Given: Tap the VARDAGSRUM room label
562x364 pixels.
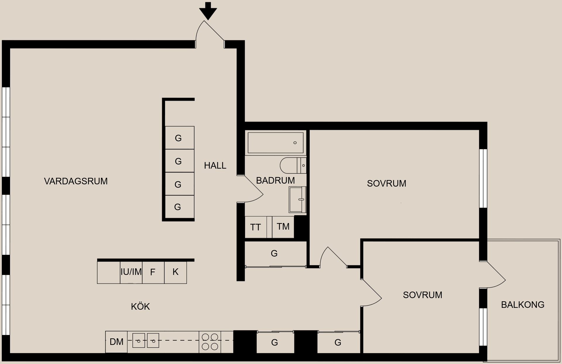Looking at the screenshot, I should tap(76, 181).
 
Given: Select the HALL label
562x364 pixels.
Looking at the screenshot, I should tap(215, 166).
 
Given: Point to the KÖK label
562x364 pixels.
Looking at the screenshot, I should tap(140, 307).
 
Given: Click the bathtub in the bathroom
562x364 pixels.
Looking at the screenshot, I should tap(275, 143).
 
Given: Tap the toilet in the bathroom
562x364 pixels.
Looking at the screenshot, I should tap(292, 165).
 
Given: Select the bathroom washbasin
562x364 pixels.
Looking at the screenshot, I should tap(297, 199).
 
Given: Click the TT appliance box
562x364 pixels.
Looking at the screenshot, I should tap(256, 227).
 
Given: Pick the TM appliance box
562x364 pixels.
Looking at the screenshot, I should tap(283, 227).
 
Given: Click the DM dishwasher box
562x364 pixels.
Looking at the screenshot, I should tap(116, 342).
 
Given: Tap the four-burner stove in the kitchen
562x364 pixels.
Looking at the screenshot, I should tap(210, 342).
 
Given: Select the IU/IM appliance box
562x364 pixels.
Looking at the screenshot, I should tap(131, 272).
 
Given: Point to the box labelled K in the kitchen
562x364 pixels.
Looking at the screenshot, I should tap(175, 272).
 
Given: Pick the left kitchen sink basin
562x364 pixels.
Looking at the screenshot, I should tap(139, 341).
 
